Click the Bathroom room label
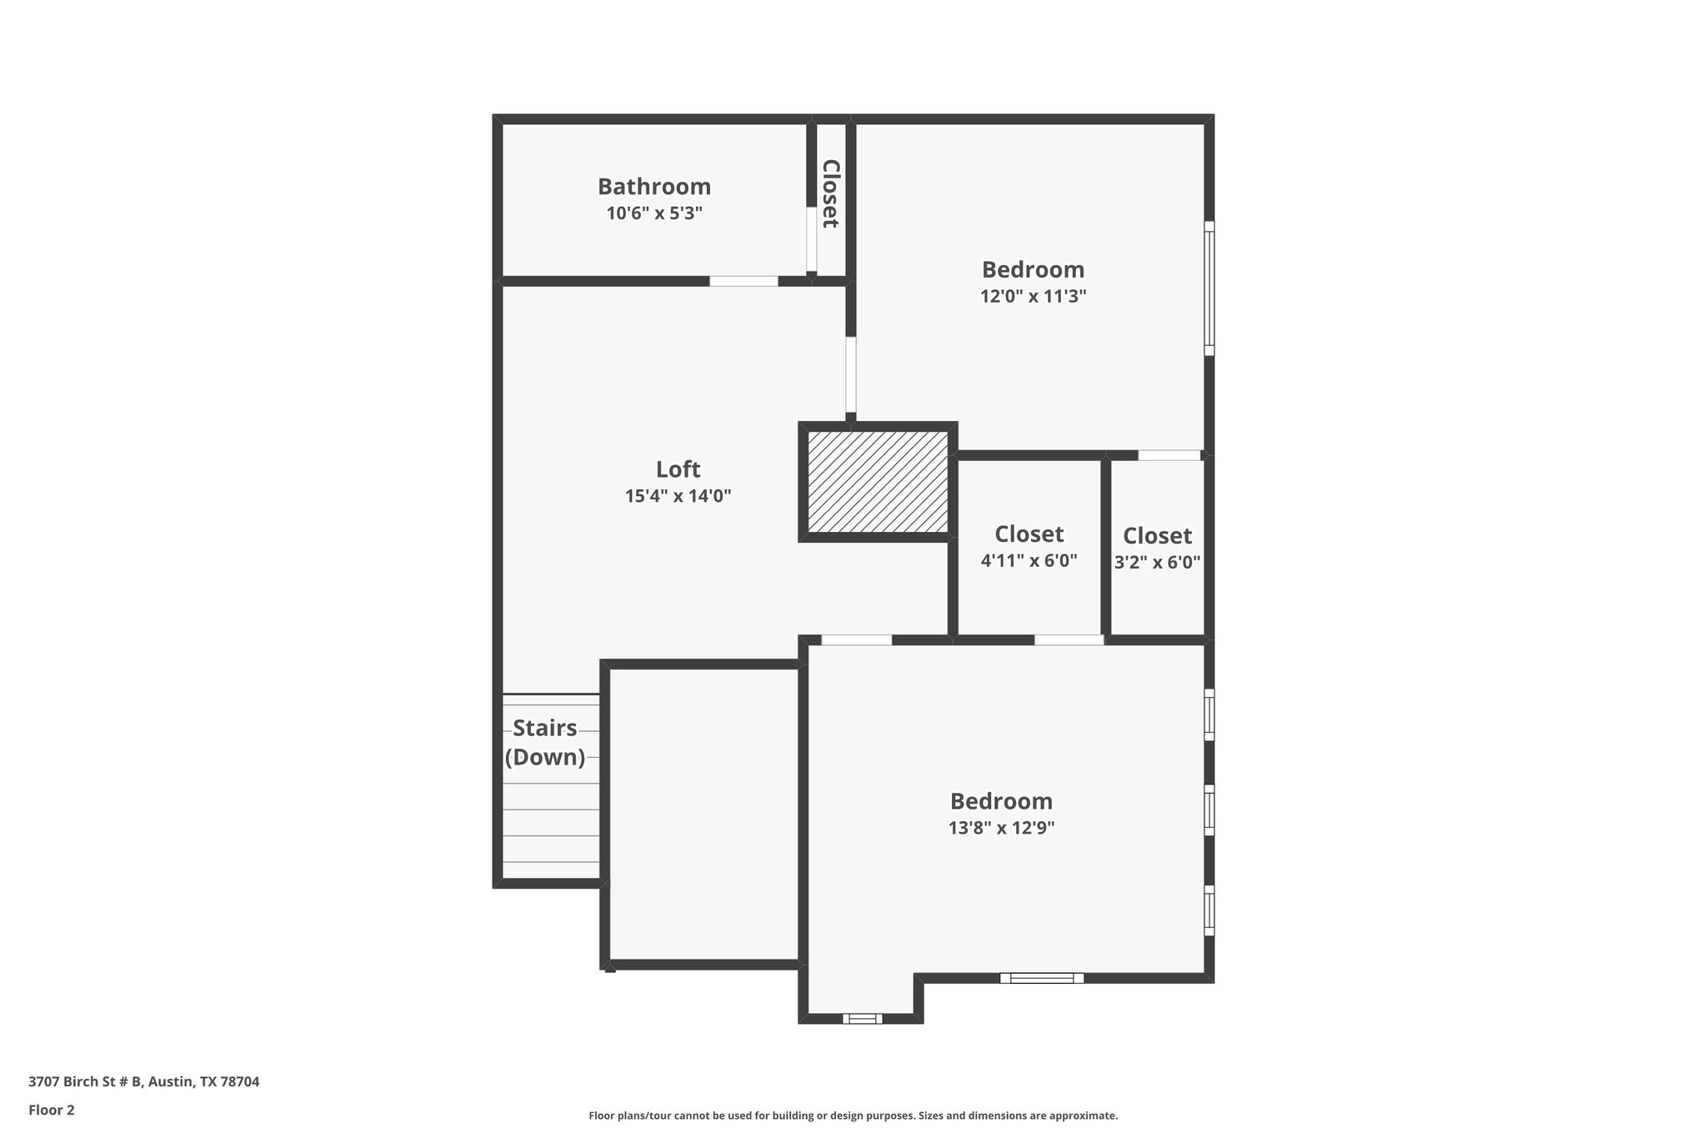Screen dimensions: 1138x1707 point(653,186)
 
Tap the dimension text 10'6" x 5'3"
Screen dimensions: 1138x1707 point(653,213)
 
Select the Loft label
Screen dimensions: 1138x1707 point(678,469)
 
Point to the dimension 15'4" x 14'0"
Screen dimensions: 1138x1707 point(678,496)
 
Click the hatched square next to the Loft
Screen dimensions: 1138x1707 point(878,482)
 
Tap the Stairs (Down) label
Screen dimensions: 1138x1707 point(545,742)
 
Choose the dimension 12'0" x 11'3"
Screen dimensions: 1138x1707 point(1033,296)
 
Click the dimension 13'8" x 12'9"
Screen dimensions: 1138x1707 point(1001,828)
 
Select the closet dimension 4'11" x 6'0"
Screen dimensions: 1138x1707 point(1029,561)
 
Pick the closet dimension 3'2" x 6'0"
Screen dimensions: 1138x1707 point(1157,562)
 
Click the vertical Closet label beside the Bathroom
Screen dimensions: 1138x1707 point(830,193)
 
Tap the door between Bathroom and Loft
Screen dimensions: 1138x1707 point(743,282)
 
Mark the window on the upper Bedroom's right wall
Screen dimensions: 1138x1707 point(1209,288)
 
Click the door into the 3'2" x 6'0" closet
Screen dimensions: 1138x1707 point(1169,455)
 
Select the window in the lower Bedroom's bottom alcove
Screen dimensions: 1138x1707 point(862,1018)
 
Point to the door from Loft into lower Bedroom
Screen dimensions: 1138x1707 point(856,640)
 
